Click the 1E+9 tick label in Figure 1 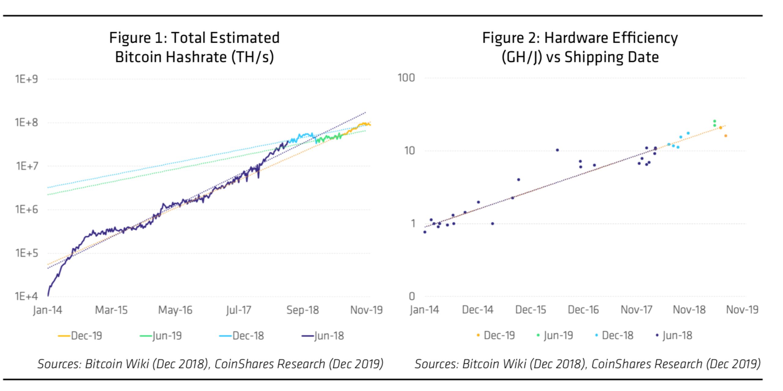[x=27, y=79]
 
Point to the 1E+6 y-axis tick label [x=27, y=210]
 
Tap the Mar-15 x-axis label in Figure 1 [x=111, y=310]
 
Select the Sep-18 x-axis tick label [x=302, y=310]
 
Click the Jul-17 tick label [x=239, y=310]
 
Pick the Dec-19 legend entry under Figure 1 [x=80, y=336]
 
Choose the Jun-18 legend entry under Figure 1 [x=323, y=336]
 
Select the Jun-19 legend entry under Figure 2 [x=555, y=335]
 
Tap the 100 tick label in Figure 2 [x=406, y=78]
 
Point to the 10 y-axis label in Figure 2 [x=410, y=151]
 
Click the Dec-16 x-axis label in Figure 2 [x=583, y=310]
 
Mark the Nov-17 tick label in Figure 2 [x=636, y=310]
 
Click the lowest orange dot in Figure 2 [x=725, y=136]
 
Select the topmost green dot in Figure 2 [x=714, y=121]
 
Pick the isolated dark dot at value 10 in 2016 [x=557, y=150]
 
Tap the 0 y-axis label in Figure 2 [x=412, y=296]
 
